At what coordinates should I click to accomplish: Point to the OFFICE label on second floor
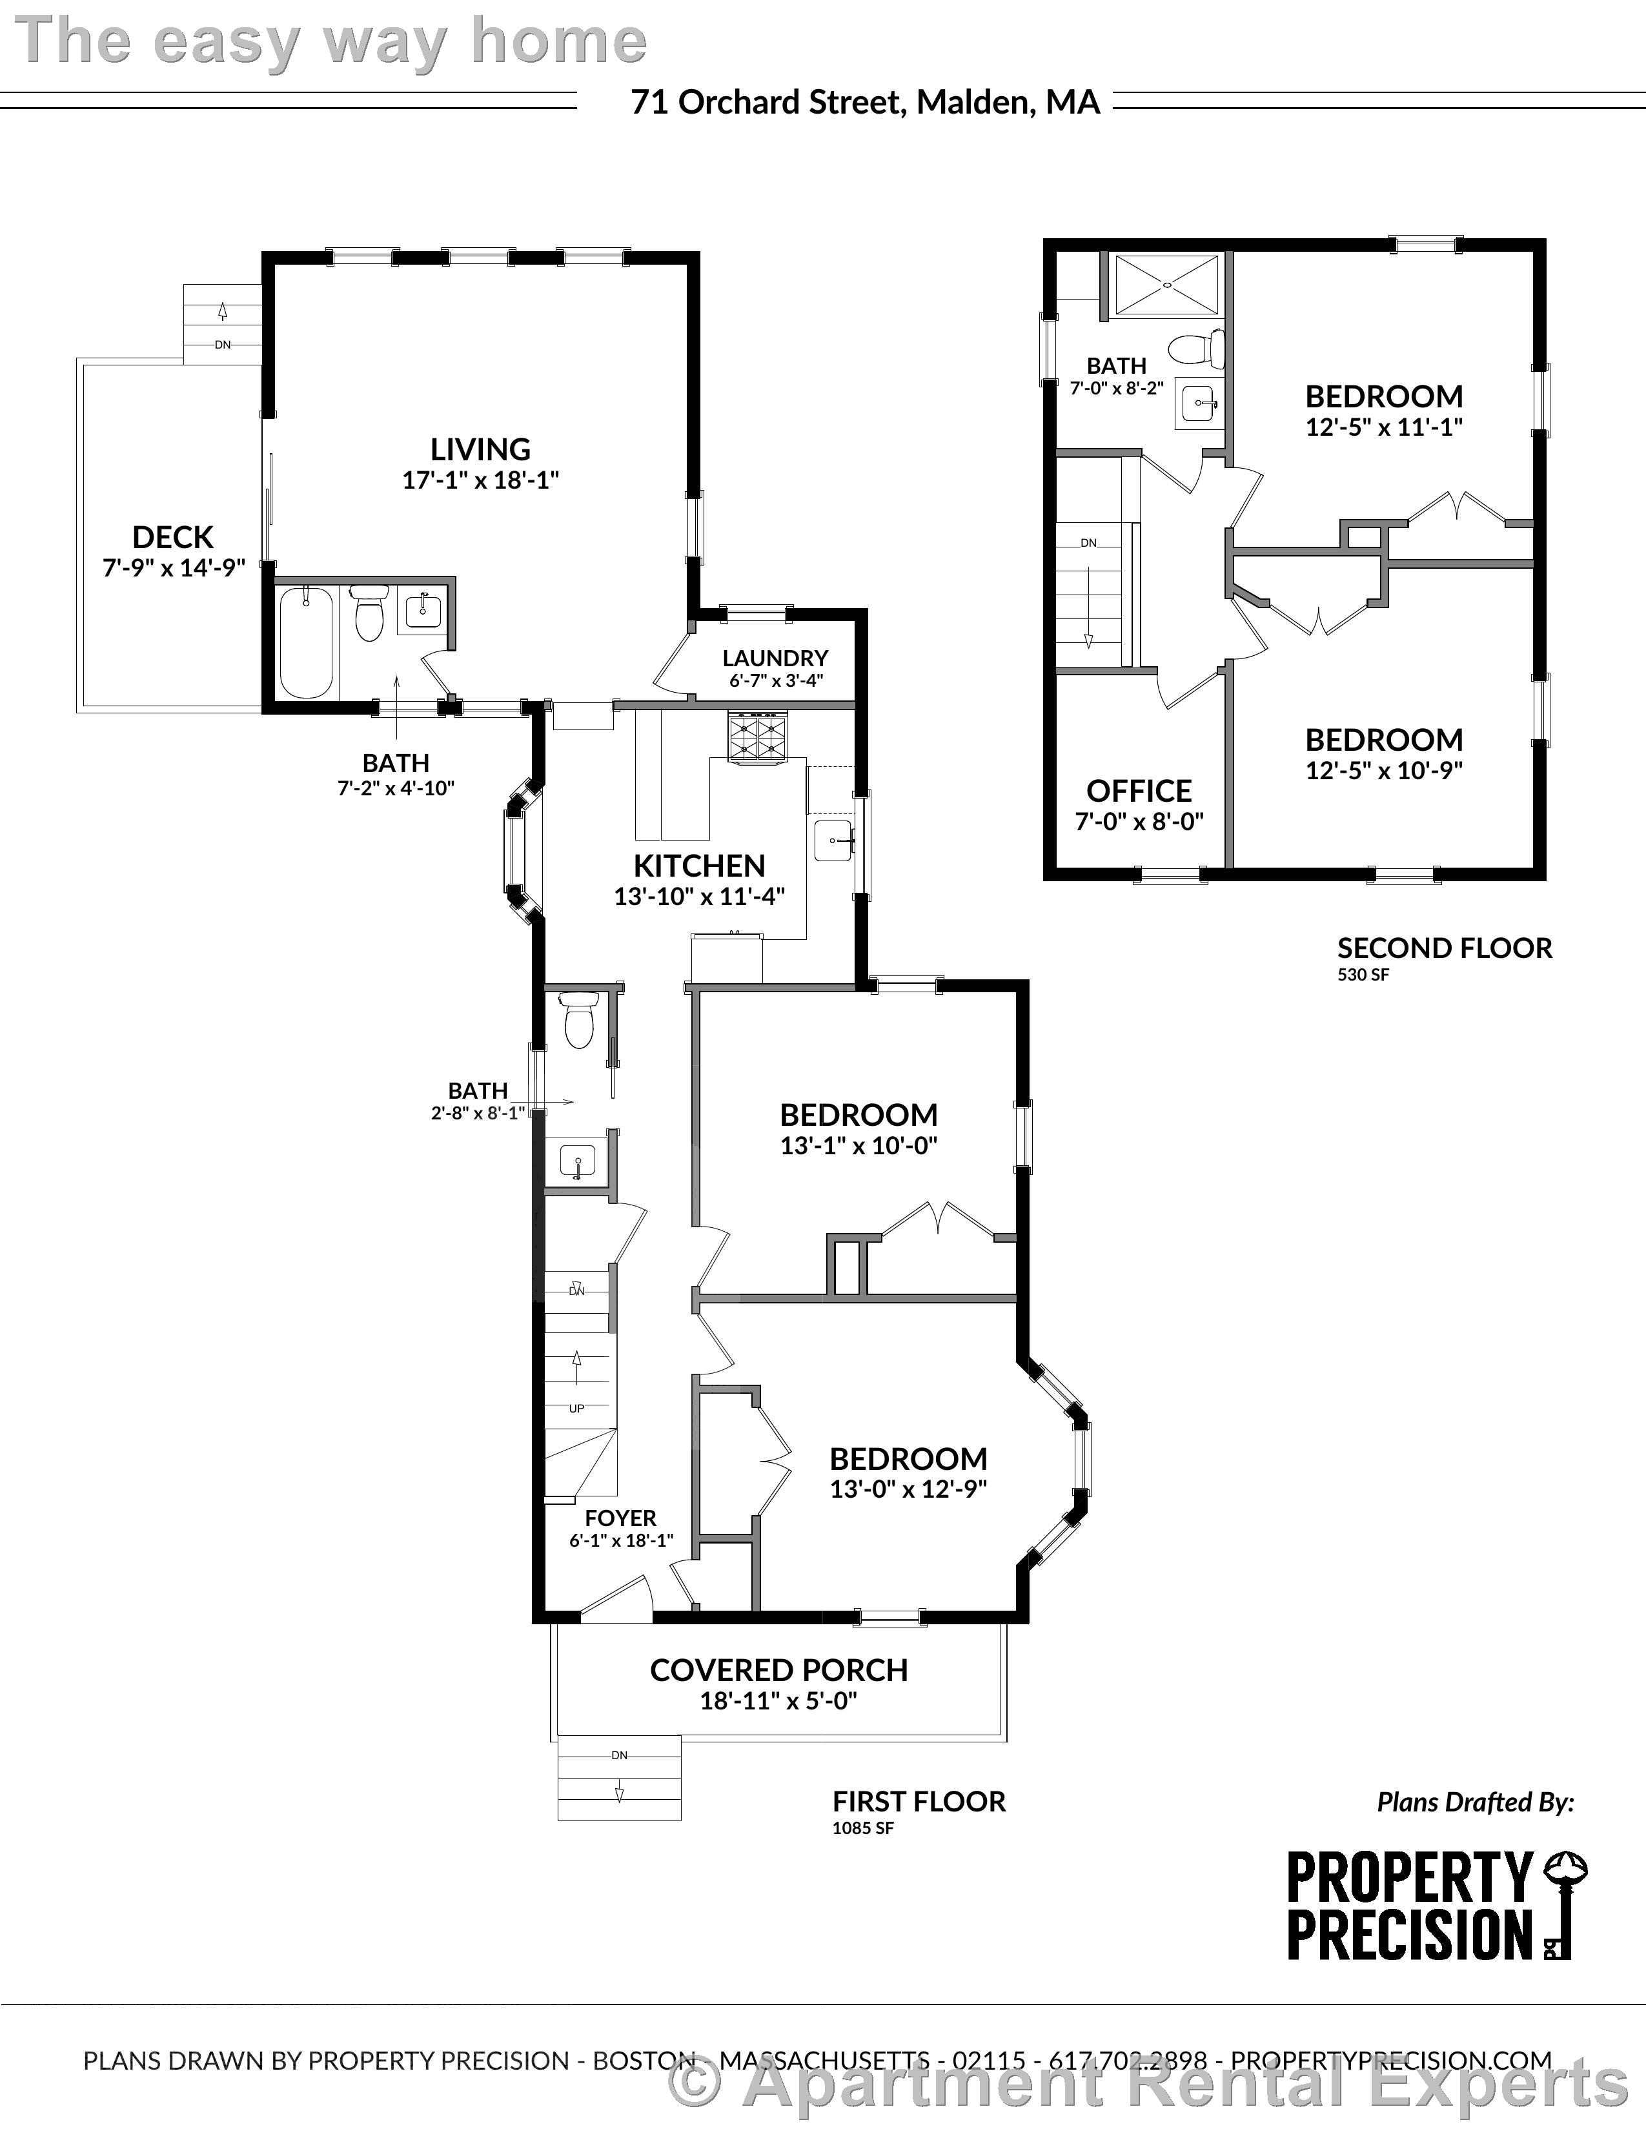[1139, 790]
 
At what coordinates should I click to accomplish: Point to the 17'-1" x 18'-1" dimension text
[480, 480]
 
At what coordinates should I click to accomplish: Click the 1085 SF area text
[862, 1828]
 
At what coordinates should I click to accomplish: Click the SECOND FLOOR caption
[1444, 948]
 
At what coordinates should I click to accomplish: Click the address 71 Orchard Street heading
[866, 101]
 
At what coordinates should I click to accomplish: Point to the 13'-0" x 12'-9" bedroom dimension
[908, 1489]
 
